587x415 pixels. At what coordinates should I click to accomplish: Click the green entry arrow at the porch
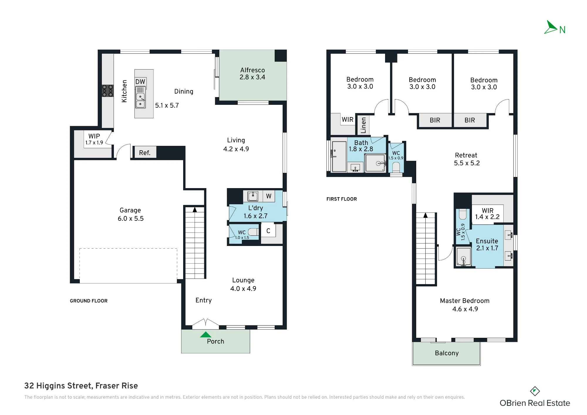(x=205, y=334)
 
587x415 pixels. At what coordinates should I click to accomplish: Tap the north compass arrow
(x=551, y=27)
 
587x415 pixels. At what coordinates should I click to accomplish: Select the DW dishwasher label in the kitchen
(x=140, y=82)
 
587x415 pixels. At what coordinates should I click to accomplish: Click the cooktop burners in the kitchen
(x=107, y=91)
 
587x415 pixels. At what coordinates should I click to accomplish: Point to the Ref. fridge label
(x=145, y=153)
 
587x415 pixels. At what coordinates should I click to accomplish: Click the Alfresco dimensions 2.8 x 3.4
(x=252, y=77)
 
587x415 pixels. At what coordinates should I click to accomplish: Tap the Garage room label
(x=130, y=210)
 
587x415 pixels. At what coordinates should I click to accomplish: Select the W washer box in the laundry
(x=269, y=196)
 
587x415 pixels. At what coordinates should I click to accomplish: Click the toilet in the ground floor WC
(x=253, y=232)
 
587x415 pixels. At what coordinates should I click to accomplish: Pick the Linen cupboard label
(x=364, y=125)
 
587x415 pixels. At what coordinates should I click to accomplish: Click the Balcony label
(x=447, y=353)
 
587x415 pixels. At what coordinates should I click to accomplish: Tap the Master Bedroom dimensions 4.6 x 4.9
(x=465, y=309)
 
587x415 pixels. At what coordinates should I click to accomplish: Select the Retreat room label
(x=466, y=155)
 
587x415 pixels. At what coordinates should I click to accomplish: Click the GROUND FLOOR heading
(x=89, y=301)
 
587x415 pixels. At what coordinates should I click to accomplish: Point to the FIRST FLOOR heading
(x=342, y=199)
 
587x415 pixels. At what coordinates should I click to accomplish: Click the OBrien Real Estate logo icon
(x=535, y=391)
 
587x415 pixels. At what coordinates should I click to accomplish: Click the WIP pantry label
(x=94, y=136)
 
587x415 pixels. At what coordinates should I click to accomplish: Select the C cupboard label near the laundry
(x=268, y=231)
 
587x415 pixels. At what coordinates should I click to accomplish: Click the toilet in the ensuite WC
(x=463, y=214)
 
